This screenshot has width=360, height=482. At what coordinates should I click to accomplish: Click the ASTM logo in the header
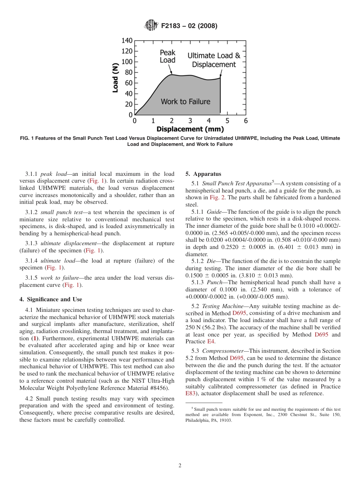click(151, 26)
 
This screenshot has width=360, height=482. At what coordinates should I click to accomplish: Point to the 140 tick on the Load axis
click(127, 41)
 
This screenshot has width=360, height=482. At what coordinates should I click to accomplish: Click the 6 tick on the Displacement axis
click(246, 121)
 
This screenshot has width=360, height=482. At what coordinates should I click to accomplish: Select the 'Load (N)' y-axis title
click(116, 78)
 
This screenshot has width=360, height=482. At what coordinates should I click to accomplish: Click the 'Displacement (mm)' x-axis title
click(190, 129)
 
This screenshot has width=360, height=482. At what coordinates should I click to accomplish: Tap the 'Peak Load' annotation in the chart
click(167, 56)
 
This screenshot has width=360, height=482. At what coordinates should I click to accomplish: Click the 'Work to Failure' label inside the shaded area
click(185, 102)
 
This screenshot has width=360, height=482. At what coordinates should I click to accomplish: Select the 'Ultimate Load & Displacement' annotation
click(214, 60)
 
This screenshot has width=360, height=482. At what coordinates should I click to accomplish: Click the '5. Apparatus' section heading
click(203, 174)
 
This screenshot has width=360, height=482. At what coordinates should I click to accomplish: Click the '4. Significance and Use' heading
click(51, 299)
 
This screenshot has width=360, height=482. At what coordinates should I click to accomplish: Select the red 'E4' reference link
click(211, 341)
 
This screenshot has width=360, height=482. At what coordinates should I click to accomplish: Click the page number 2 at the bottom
click(180, 466)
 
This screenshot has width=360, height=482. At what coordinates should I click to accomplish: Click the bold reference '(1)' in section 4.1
click(34, 338)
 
